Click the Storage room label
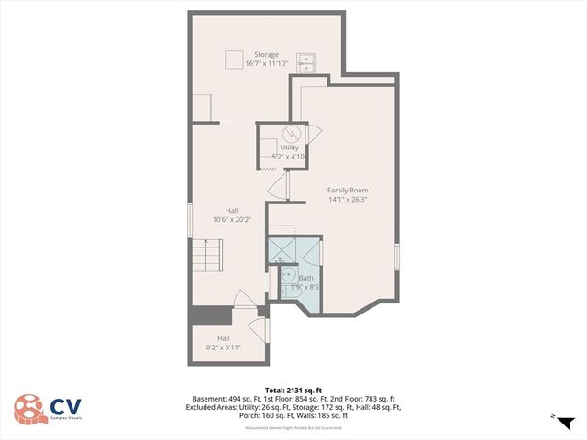266,55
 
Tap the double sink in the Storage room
305,61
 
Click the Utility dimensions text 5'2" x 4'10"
289,157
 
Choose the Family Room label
348,190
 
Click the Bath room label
305,278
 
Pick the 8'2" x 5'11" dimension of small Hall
224,347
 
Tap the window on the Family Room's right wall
396,257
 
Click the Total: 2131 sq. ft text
293,390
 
